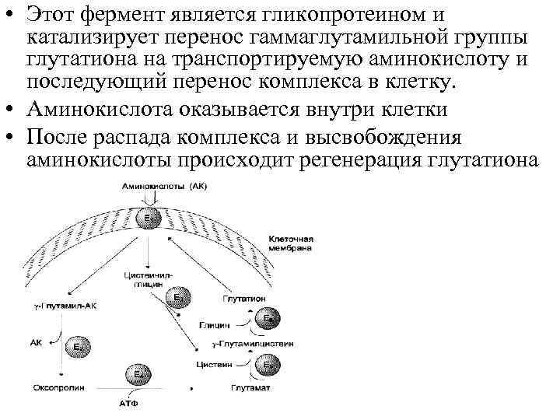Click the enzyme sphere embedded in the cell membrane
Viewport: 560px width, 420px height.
(x=149, y=219)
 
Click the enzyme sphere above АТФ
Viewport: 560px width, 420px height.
(x=137, y=376)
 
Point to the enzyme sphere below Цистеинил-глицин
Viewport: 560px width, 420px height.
(x=178, y=296)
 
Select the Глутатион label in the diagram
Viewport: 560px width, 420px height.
(x=247, y=299)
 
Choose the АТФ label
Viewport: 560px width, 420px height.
(x=128, y=404)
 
